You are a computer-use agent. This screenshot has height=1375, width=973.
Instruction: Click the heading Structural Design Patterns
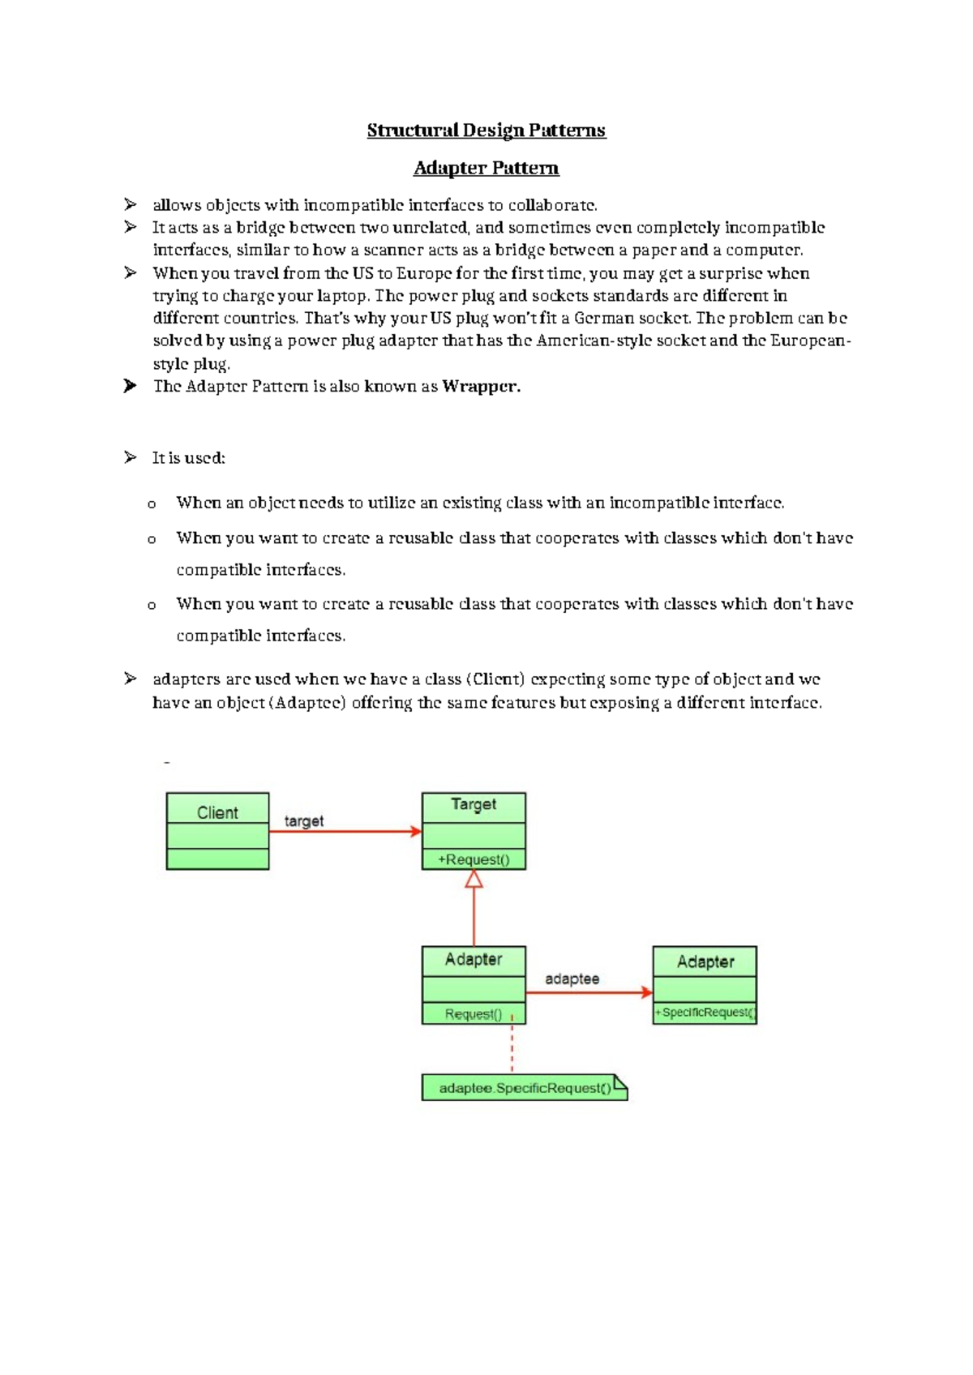(x=486, y=131)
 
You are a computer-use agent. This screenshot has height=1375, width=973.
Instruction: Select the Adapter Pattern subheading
(x=486, y=168)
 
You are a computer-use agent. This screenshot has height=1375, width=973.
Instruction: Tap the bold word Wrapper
(x=480, y=387)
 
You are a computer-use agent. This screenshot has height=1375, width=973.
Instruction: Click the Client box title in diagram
(x=217, y=812)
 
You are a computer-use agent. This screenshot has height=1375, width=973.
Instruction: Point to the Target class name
(x=474, y=804)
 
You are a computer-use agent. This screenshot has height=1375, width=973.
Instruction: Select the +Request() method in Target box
(x=474, y=859)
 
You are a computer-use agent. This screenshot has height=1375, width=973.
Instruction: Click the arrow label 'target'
(x=304, y=821)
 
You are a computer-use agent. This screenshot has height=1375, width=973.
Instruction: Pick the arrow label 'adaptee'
(x=572, y=979)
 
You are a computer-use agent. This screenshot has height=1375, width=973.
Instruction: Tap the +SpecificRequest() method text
(x=705, y=1013)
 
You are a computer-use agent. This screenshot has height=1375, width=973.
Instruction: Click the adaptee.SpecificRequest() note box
(x=525, y=1088)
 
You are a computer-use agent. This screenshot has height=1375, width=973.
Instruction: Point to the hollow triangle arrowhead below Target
(x=474, y=879)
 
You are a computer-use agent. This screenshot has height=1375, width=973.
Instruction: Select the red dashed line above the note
(x=512, y=1047)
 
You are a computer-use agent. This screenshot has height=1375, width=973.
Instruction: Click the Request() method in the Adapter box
(x=474, y=1014)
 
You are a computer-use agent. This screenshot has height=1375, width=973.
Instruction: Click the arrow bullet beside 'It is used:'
(x=130, y=458)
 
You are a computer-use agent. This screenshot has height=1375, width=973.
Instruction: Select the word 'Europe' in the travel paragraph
(x=424, y=273)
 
